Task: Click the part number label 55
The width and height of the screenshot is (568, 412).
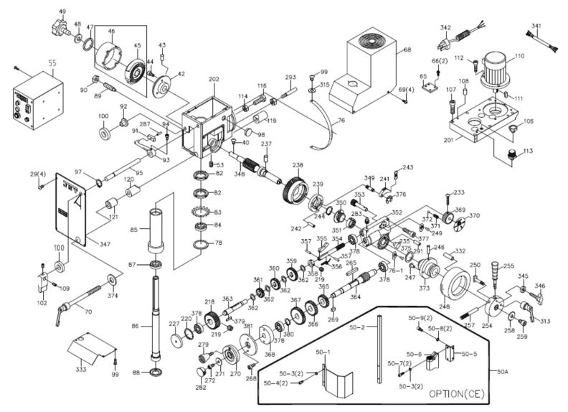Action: tap(52, 63)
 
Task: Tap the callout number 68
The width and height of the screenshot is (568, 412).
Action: tap(407, 50)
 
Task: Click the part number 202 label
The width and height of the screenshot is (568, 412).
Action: tap(214, 80)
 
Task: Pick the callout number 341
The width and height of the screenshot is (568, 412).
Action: tap(536, 27)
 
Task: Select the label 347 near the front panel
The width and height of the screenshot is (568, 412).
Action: tap(105, 245)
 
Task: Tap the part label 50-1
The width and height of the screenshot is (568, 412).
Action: tap(323, 352)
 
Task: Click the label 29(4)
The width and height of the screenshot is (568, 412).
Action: tap(37, 174)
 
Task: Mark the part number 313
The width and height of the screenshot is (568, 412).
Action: tap(545, 321)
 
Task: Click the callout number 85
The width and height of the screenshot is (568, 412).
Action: tap(143, 230)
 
